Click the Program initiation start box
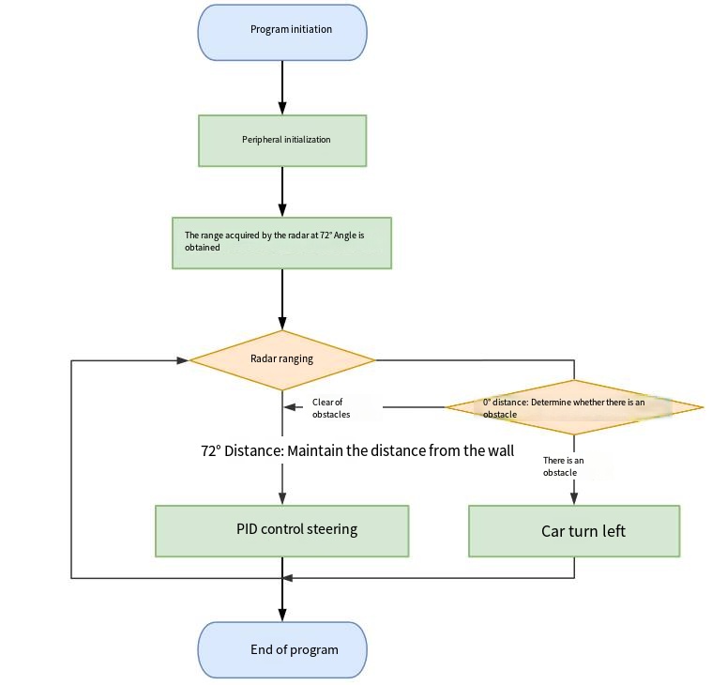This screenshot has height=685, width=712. (x=282, y=33)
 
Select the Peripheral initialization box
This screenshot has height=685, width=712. (x=282, y=141)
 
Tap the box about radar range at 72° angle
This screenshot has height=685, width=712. (x=281, y=243)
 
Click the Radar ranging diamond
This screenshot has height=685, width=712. (x=282, y=360)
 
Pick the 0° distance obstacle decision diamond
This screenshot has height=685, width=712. (x=574, y=407)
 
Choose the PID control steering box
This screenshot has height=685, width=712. (x=282, y=531)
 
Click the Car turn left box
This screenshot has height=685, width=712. (x=574, y=531)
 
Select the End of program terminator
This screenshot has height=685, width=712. (x=282, y=650)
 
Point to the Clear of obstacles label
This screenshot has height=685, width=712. (x=331, y=408)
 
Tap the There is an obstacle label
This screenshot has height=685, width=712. (x=563, y=466)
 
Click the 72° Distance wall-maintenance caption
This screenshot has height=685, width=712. (x=357, y=450)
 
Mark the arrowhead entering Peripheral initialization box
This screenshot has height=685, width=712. (x=282, y=108)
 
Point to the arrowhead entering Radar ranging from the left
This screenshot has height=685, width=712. (x=183, y=360)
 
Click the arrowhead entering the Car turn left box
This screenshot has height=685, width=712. (x=574, y=498)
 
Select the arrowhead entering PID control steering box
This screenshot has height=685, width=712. (x=282, y=498)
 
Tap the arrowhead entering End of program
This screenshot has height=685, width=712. (x=282, y=615)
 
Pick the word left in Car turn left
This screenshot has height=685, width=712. (x=614, y=531)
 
